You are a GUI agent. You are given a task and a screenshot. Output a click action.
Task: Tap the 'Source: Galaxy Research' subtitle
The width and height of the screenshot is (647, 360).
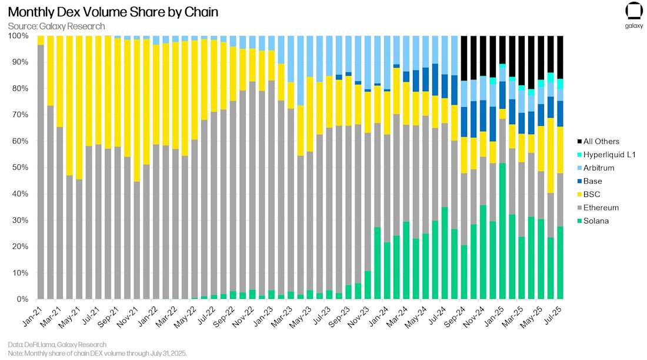tap(56, 26)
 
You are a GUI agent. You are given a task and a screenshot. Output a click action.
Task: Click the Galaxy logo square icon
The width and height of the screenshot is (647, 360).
tap(633, 12)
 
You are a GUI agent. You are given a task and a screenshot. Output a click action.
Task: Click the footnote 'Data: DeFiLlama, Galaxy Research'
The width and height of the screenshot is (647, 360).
tap(58, 344)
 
